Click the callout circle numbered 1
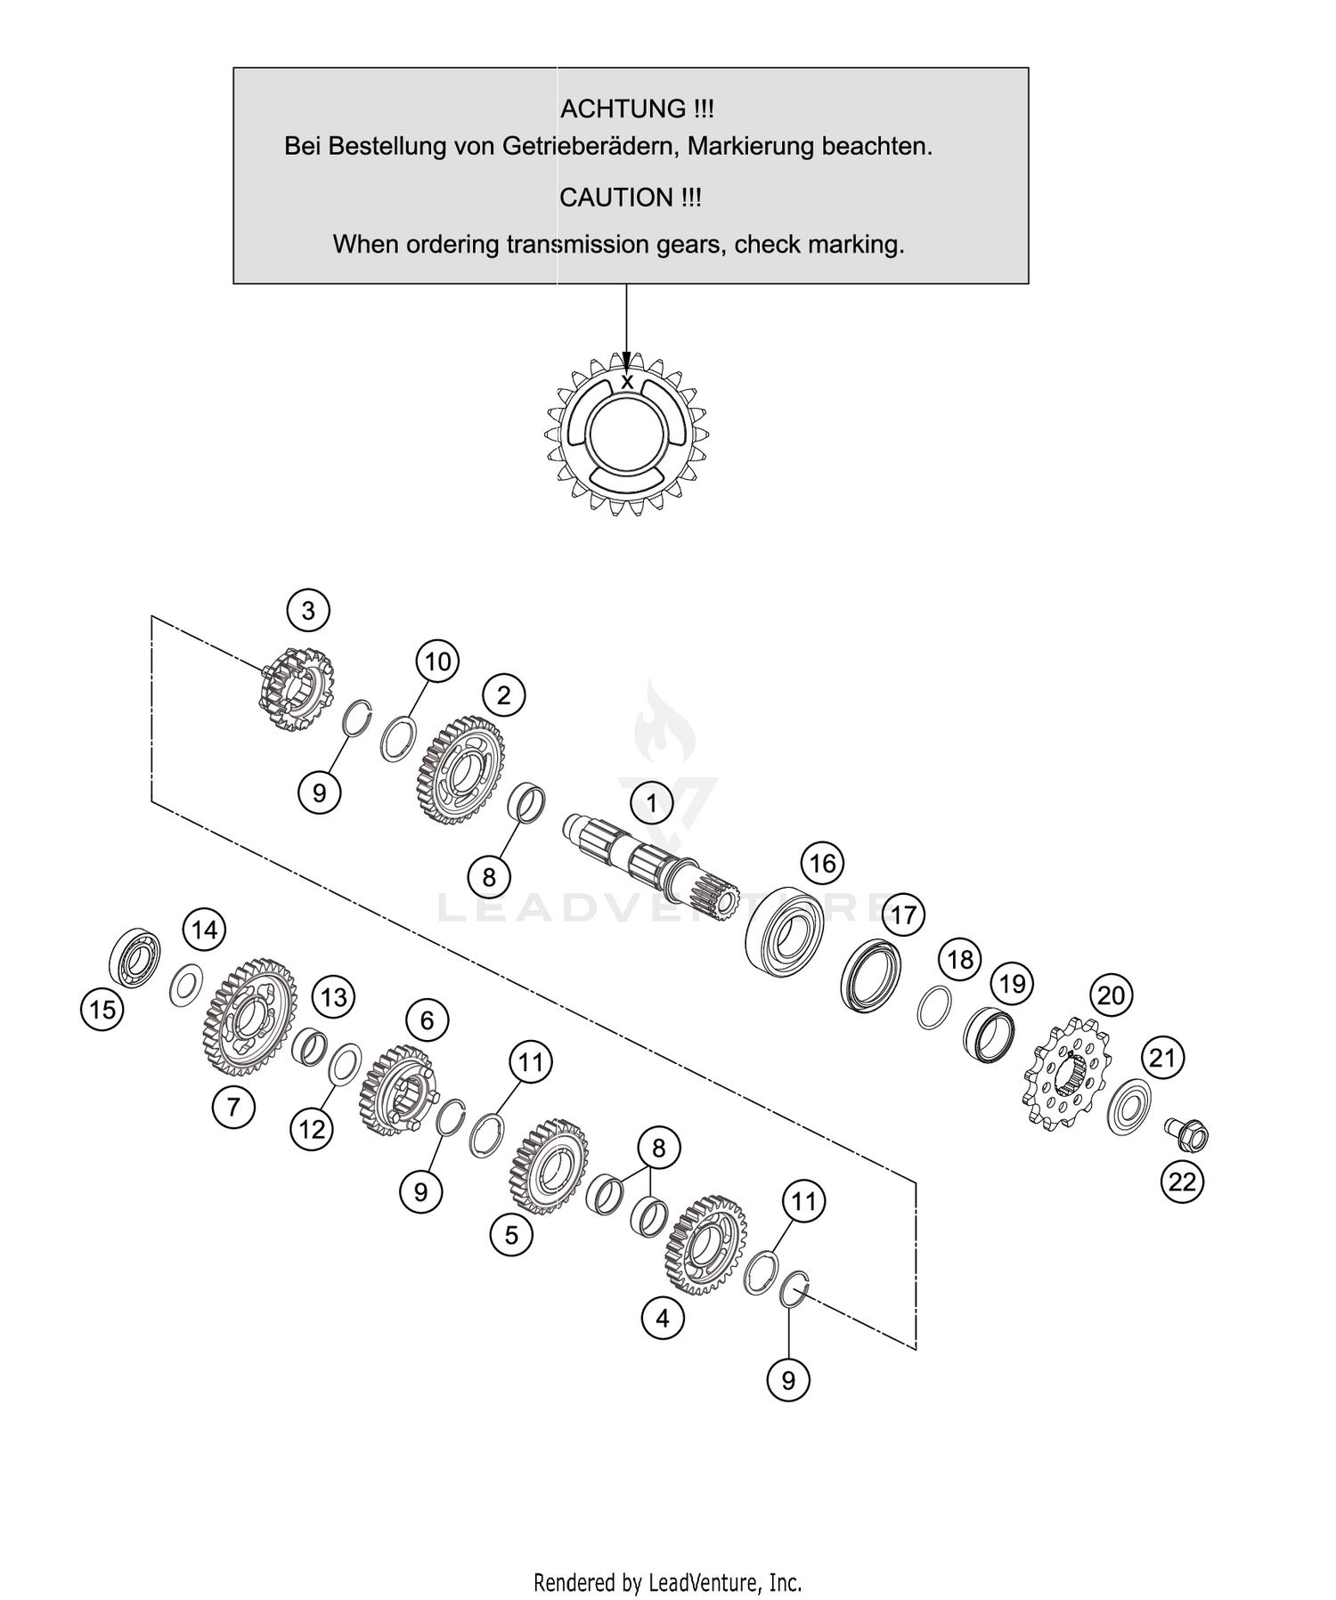pyautogui.click(x=651, y=803)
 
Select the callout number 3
pyautogui.click(x=308, y=610)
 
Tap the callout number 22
pyautogui.click(x=1182, y=1182)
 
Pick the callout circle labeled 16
pyautogui.click(x=822, y=863)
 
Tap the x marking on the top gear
pyautogui.click(x=627, y=382)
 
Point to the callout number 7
pyautogui.click(x=233, y=1107)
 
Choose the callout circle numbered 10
pyautogui.click(x=437, y=662)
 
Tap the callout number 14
pyautogui.click(x=204, y=930)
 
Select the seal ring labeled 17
pyautogui.click(x=870, y=975)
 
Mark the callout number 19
pyautogui.click(x=1012, y=984)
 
